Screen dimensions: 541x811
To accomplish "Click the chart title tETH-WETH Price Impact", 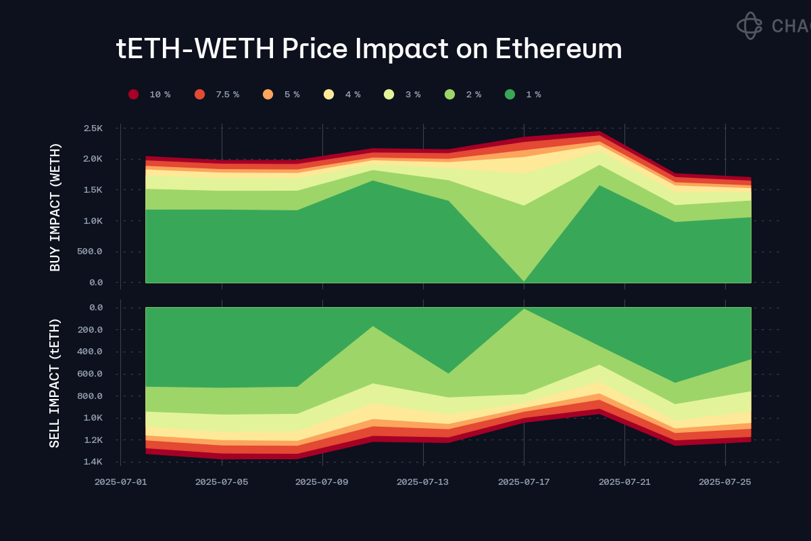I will click(x=369, y=49).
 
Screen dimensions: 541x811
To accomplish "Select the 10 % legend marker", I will click(x=134, y=95).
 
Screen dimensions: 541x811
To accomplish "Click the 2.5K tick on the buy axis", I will click(x=93, y=128).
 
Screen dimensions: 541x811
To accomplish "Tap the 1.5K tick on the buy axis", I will click(x=93, y=190).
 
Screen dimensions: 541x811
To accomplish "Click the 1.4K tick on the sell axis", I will click(x=92, y=462).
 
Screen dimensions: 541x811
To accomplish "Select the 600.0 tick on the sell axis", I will click(x=91, y=374).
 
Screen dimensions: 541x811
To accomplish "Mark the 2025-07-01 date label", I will click(x=120, y=482).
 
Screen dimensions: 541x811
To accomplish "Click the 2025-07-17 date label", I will click(x=524, y=482).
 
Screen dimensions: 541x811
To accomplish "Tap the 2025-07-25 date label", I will click(x=724, y=482).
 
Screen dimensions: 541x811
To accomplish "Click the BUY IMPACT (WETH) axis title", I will click(x=55, y=207).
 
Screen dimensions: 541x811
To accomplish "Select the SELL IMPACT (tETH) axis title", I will click(x=55, y=383).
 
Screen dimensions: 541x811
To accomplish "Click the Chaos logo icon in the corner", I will click(x=749, y=26).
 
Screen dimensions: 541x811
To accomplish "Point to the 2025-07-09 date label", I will click(x=322, y=482).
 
